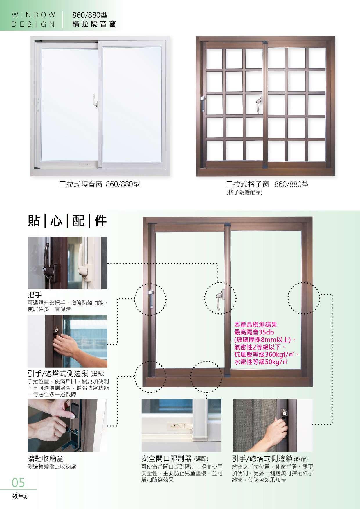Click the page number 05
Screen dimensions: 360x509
(x=18, y=483)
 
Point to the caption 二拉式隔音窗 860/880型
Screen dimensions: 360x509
(x=100, y=184)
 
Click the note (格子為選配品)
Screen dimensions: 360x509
(x=244, y=192)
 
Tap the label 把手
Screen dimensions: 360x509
(x=35, y=295)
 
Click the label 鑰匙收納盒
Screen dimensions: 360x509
(x=45, y=458)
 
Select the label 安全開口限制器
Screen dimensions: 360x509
(x=166, y=459)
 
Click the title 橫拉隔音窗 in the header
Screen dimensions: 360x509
(x=94, y=24)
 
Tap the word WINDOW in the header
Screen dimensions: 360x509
(x=34, y=15)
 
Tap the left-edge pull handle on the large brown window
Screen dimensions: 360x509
(x=151, y=299)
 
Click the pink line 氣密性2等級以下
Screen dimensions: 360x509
(x=259, y=347)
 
